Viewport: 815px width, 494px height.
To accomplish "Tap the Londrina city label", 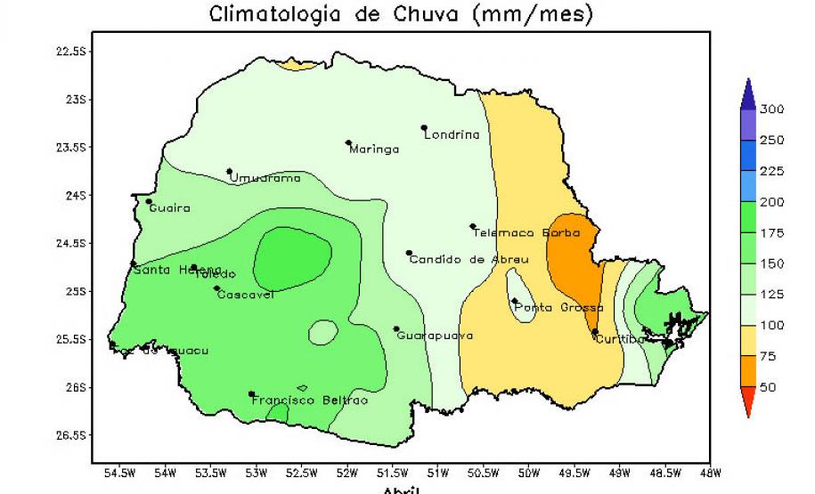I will tap(452, 135).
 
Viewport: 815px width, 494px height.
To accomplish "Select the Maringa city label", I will tap(374, 150).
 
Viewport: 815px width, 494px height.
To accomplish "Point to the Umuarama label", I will tap(265, 178).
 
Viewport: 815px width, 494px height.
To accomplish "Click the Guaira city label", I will tap(169, 208).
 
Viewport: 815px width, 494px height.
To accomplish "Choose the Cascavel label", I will tap(245, 295).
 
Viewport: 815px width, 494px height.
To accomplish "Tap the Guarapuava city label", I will tap(434, 336).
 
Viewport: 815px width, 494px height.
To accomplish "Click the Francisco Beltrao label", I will tap(309, 401).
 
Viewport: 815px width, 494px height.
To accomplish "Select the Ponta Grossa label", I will tap(558, 307).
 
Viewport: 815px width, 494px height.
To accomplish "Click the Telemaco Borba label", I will tap(526, 233).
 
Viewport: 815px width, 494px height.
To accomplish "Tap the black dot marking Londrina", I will tap(424, 127).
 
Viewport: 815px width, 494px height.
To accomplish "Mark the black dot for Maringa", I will tap(348, 142).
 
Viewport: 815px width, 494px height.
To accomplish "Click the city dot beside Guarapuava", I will tap(396, 328).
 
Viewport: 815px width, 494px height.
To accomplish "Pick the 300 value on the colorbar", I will tap(771, 109).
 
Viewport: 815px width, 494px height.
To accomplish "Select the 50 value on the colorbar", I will tap(768, 388).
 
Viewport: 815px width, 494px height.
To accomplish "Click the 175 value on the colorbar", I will tap(771, 233).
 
